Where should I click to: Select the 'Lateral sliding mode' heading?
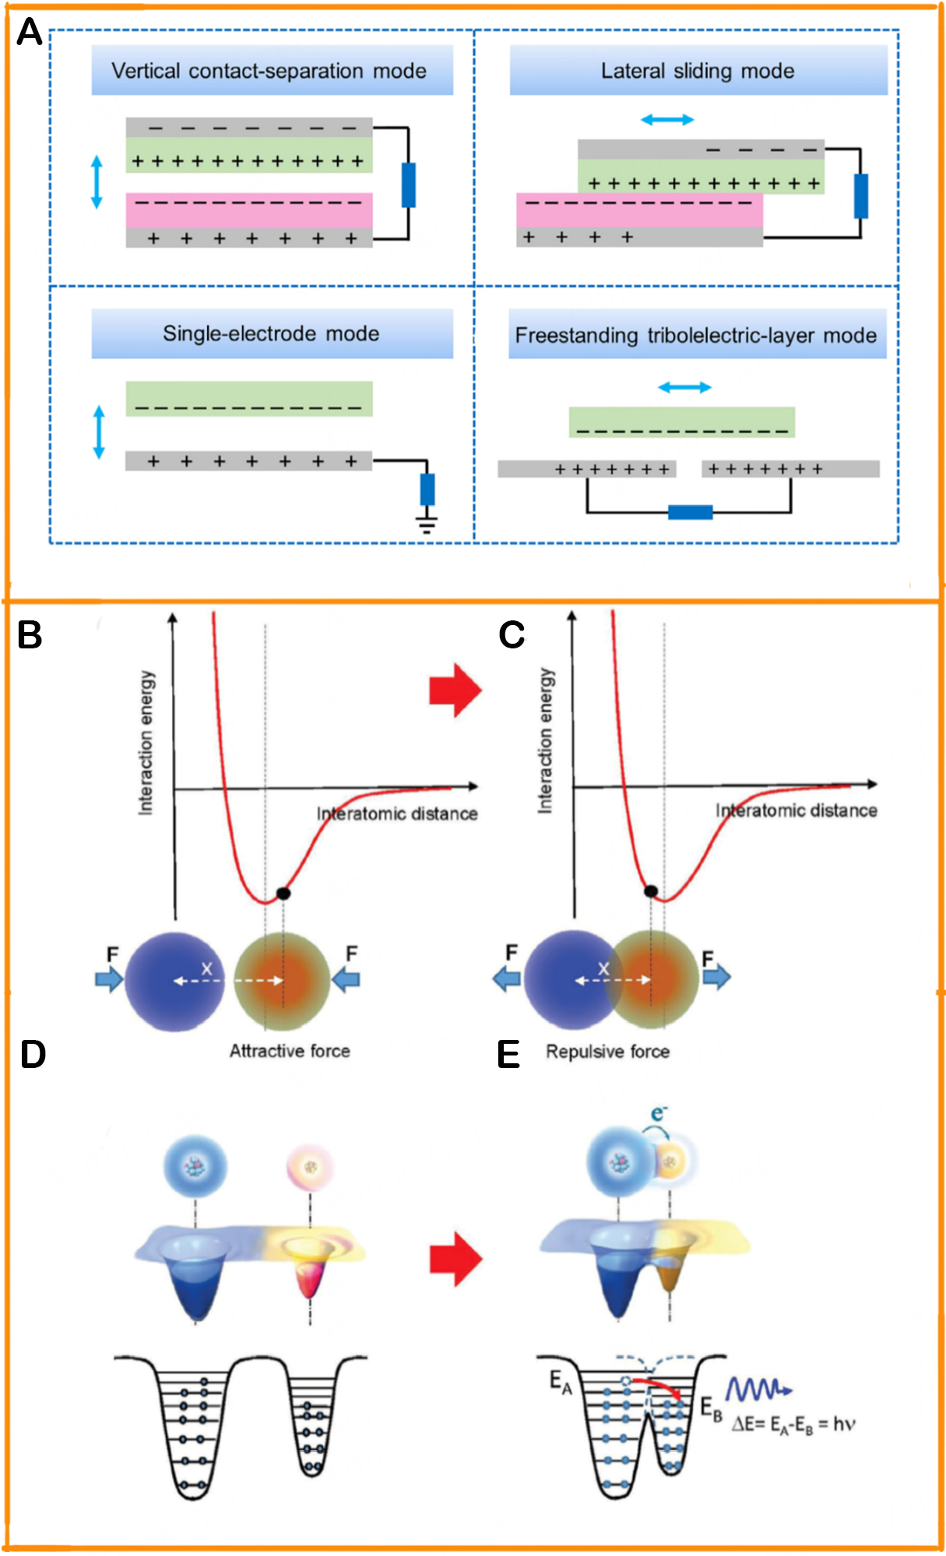coord(698,71)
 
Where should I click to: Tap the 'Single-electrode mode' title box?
coord(272,334)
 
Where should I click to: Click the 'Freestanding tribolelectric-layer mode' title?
coord(696,335)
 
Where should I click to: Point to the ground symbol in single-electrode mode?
coord(427,522)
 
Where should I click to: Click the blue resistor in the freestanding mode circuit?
coord(690,512)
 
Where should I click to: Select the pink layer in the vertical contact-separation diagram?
coord(249,209)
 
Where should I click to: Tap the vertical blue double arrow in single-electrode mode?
coord(99,431)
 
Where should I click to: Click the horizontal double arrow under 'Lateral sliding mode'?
coord(667,119)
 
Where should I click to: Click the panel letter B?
coord(30,635)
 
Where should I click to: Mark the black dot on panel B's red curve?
coord(283,894)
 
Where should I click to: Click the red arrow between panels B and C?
coord(455,690)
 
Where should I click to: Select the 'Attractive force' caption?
coord(290,1051)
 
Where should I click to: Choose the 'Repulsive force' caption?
coord(607,1052)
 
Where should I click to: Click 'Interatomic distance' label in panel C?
coord(796,811)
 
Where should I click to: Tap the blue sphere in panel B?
coord(174,982)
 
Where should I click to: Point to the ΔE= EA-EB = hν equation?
coord(793,1424)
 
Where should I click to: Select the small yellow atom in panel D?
coord(311,1167)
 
